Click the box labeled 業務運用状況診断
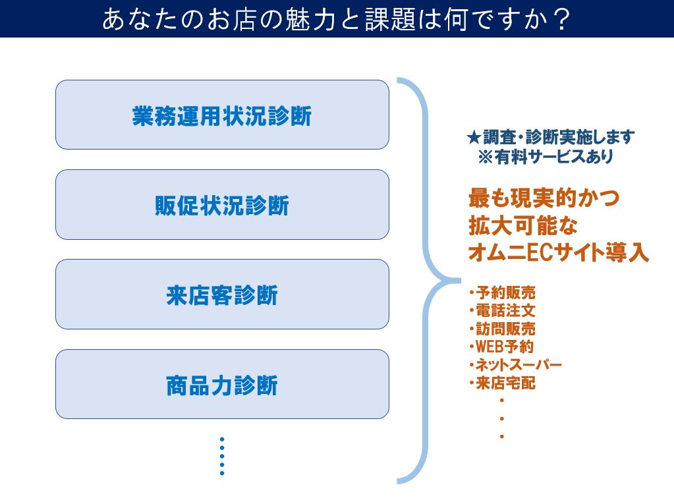[222, 115]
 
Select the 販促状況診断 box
[222, 204]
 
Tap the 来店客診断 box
[222, 294]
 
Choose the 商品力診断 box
[222, 384]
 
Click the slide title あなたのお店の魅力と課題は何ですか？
[337, 19]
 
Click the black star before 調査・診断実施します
[474, 138]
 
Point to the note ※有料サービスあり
[546, 157]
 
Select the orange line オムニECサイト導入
[558, 252]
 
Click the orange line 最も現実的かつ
[544, 198]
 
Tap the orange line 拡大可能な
[523, 225]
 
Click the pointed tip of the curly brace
[459, 281]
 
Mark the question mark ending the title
[562, 20]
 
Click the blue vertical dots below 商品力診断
[222, 457]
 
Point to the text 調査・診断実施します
[559, 138]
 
